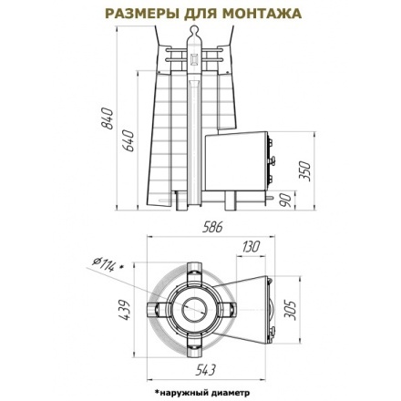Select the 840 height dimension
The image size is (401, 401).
106,118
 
